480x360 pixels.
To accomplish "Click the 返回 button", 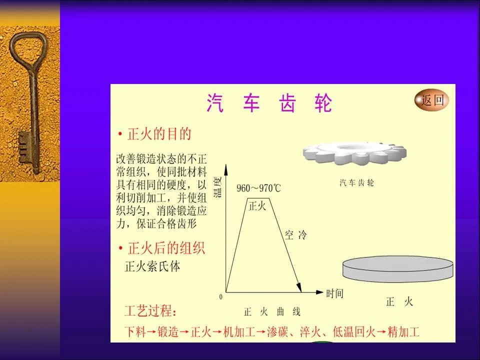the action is [x=431, y=100].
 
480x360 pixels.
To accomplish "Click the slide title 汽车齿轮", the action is [x=269, y=103].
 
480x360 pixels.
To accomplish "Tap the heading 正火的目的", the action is [x=159, y=134].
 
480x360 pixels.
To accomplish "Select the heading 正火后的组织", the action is [x=166, y=248].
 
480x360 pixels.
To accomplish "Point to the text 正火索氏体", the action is [x=152, y=266].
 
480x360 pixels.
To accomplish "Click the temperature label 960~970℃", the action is [x=258, y=188].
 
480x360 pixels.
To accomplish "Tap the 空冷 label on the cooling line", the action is [x=295, y=235].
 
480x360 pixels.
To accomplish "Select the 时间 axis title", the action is [x=334, y=293].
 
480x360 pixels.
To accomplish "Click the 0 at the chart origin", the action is [x=220, y=296].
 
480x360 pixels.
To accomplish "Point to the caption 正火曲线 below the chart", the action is [x=272, y=312].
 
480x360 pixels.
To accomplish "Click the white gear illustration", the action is [x=354, y=153].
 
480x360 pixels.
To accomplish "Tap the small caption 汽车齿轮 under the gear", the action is [x=356, y=183].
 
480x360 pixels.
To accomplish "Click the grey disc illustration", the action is [x=397, y=269].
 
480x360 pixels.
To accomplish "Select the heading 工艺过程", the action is [x=150, y=311].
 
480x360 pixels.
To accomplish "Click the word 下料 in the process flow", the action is [x=135, y=332].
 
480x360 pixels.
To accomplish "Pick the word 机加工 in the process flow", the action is [x=239, y=332].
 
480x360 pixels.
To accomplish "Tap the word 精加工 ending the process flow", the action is [x=403, y=332].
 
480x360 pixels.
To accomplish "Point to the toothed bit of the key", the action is [x=25, y=147].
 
